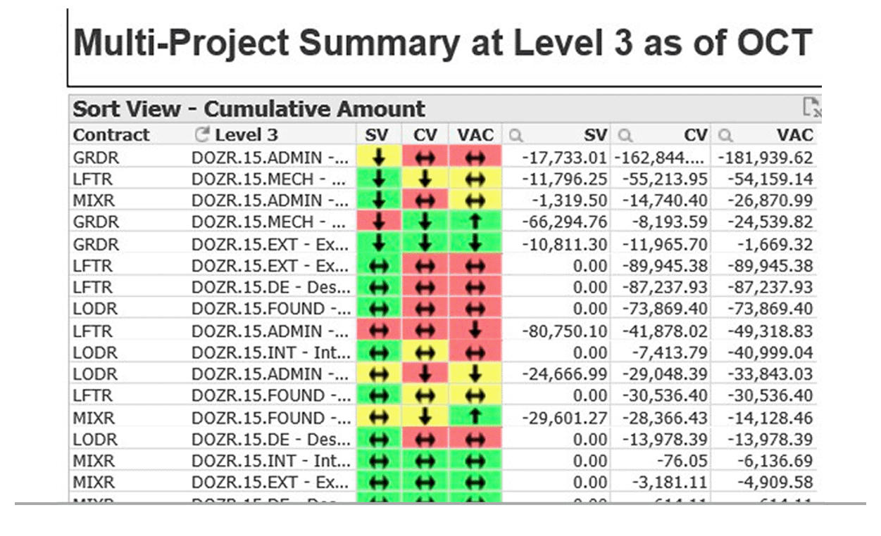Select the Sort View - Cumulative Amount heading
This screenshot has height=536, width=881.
pyautogui.click(x=249, y=109)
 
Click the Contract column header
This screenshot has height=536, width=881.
pyautogui.click(x=111, y=135)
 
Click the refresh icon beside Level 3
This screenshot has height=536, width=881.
pyautogui.click(x=201, y=134)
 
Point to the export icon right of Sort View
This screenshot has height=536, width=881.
pyautogui.click(x=812, y=108)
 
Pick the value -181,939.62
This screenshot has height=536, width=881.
pyautogui.click(x=766, y=157)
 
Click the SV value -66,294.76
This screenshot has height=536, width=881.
pyautogui.click(x=564, y=222)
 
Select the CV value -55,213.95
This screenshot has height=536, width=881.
pyautogui.click(x=665, y=179)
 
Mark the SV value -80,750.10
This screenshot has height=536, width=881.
pyautogui.click(x=564, y=331)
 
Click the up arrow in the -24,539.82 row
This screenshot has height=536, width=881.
pyautogui.click(x=475, y=222)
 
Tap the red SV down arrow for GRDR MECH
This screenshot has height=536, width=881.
pyautogui.click(x=379, y=222)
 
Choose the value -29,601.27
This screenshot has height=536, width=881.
pyautogui.click(x=564, y=419)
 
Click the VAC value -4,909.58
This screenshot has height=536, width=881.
pyautogui.click(x=773, y=483)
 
